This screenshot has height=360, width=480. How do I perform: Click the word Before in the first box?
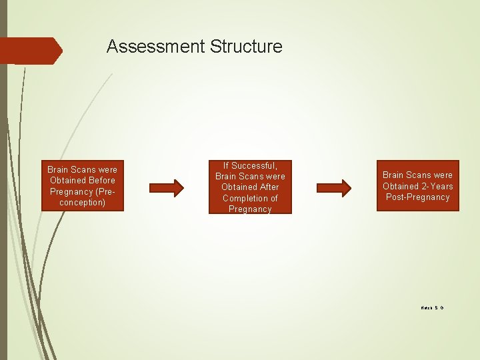pos(101,180)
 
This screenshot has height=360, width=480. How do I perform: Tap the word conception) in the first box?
pos(82,202)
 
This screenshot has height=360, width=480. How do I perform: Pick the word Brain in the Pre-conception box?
pos(59,169)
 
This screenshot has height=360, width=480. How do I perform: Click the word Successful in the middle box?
pos(254,165)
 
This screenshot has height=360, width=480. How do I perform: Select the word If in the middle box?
pos(226,165)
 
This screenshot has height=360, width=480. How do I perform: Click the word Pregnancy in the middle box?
pos(250,209)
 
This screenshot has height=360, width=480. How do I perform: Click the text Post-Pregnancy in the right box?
pos(418,197)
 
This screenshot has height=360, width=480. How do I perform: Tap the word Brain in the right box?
pos(394,175)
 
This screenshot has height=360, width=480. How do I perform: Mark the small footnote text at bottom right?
pos(432,307)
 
